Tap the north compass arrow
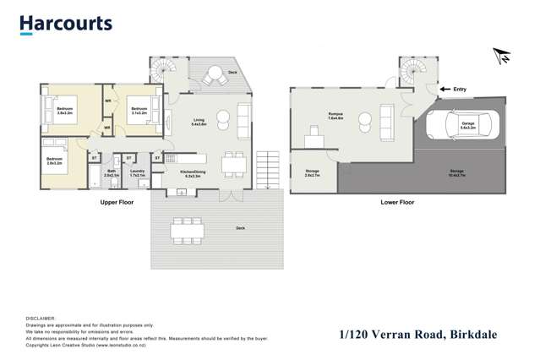[x=502, y=56]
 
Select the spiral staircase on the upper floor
[x=161, y=68]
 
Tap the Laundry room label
[x=137, y=172]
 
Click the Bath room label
[x=111, y=172]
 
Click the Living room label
[x=199, y=122]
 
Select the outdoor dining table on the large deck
[x=187, y=229]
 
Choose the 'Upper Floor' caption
[x=116, y=203]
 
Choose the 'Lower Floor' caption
[x=396, y=203]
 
